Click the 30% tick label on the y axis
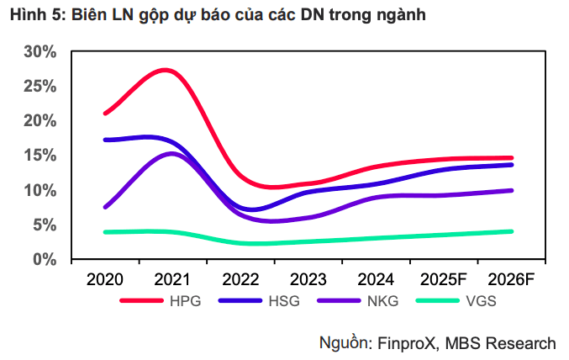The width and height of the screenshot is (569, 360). pos(40,51)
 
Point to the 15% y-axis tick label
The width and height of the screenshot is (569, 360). pos(40,156)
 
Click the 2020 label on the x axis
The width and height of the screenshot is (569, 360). pos(104,279)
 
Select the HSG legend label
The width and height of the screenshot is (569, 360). pos(283,301)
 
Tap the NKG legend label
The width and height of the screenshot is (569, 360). pos(381,301)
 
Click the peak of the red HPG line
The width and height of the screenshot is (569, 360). pos(165,70)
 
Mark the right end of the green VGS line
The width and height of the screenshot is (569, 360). pos(512,231)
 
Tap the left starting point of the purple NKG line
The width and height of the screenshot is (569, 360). pos(105,207)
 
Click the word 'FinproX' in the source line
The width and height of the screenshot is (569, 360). pos(404,342)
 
